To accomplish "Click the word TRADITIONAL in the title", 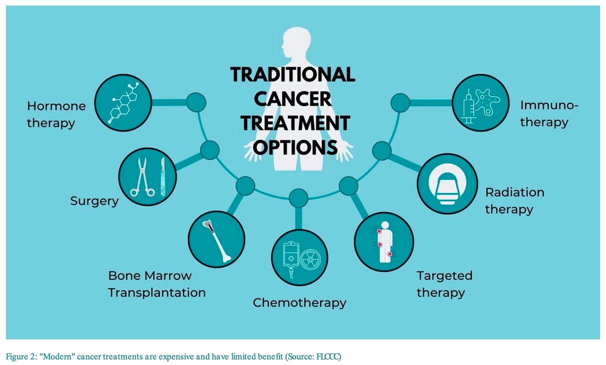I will coord(293,74).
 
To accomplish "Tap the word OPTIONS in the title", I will coord(295,147).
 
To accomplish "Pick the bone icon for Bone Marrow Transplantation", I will coord(216,241).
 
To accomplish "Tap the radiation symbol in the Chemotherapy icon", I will coord(310,259).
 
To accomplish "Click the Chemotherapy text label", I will coord(299,303).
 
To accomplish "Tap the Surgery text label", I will coord(94,201).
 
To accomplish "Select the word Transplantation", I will coord(157,293).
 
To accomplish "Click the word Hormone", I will coord(56,106).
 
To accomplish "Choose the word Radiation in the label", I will coord(514,192).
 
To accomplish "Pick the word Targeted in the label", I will coord(444,276).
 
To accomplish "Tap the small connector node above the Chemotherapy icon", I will coord(298,198).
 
